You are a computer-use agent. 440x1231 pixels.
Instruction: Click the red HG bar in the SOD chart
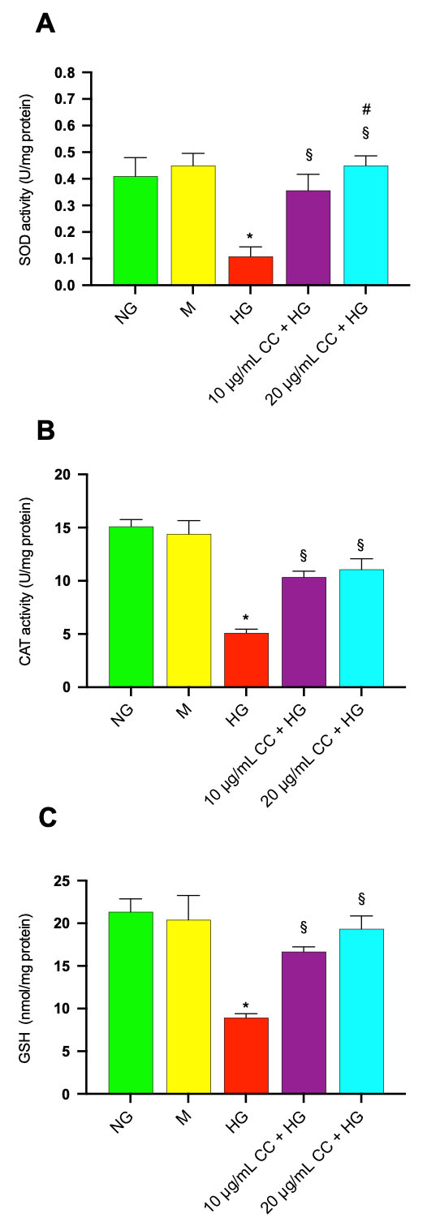[250, 270]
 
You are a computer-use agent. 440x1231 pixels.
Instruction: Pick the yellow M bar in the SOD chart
[193, 225]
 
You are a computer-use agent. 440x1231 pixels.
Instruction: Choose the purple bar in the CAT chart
[304, 632]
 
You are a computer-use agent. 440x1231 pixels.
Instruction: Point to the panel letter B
[45, 430]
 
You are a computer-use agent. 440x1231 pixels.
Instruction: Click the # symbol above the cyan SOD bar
[366, 110]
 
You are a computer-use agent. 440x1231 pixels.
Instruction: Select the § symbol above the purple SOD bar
[308, 154]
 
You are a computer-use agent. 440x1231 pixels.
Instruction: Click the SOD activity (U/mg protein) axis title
[26, 179]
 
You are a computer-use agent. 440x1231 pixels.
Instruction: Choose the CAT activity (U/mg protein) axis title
[26, 582]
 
